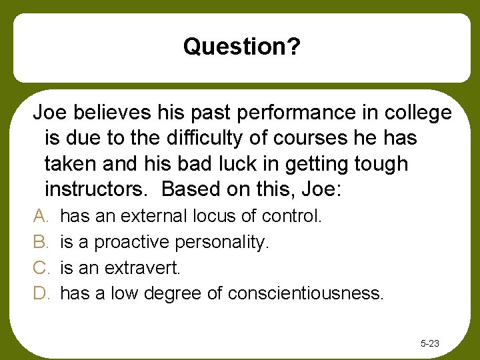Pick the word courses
coord(311,139)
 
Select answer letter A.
coord(39,216)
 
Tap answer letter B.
coord(39,242)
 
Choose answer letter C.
coord(40,268)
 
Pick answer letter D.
coord(40,294)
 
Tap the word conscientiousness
coord(305,294)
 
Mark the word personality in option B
coord(225,243)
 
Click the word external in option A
coord(156,216)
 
